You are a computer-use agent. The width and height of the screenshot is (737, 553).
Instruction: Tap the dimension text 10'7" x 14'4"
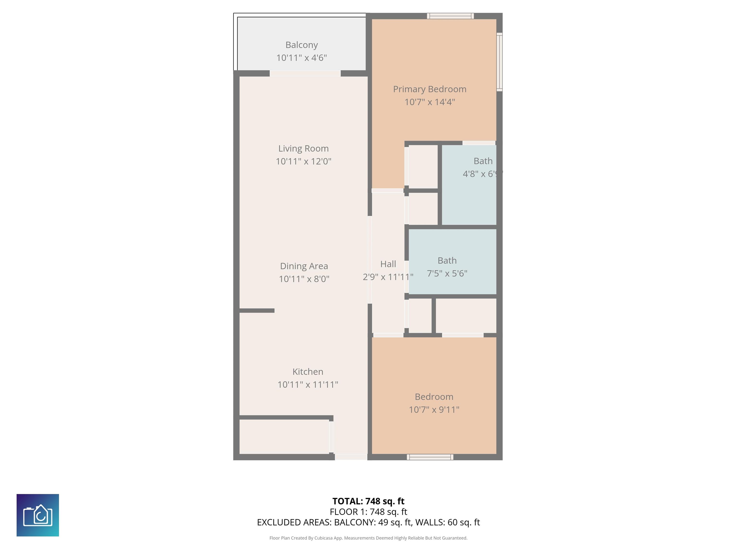429,102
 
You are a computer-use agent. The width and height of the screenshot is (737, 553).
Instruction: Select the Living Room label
303,148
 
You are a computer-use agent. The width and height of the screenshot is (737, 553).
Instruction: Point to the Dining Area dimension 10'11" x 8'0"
304,279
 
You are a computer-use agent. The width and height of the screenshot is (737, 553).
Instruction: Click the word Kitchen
308,372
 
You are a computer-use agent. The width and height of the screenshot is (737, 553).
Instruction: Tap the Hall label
388,264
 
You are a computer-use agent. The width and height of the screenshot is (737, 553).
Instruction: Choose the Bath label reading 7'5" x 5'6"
447,261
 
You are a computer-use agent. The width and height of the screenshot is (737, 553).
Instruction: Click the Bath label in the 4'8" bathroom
483,161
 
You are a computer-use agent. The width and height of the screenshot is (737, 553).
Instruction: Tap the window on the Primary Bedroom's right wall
499,62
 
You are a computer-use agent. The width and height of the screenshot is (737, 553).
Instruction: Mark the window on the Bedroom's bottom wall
430,457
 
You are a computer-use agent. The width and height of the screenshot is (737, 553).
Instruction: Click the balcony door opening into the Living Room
305,73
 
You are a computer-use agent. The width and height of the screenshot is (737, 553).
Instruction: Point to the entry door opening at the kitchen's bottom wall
351,457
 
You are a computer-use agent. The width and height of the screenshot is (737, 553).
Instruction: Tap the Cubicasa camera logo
38,515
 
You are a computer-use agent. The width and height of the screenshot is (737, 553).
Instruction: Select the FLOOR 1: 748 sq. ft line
368,512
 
